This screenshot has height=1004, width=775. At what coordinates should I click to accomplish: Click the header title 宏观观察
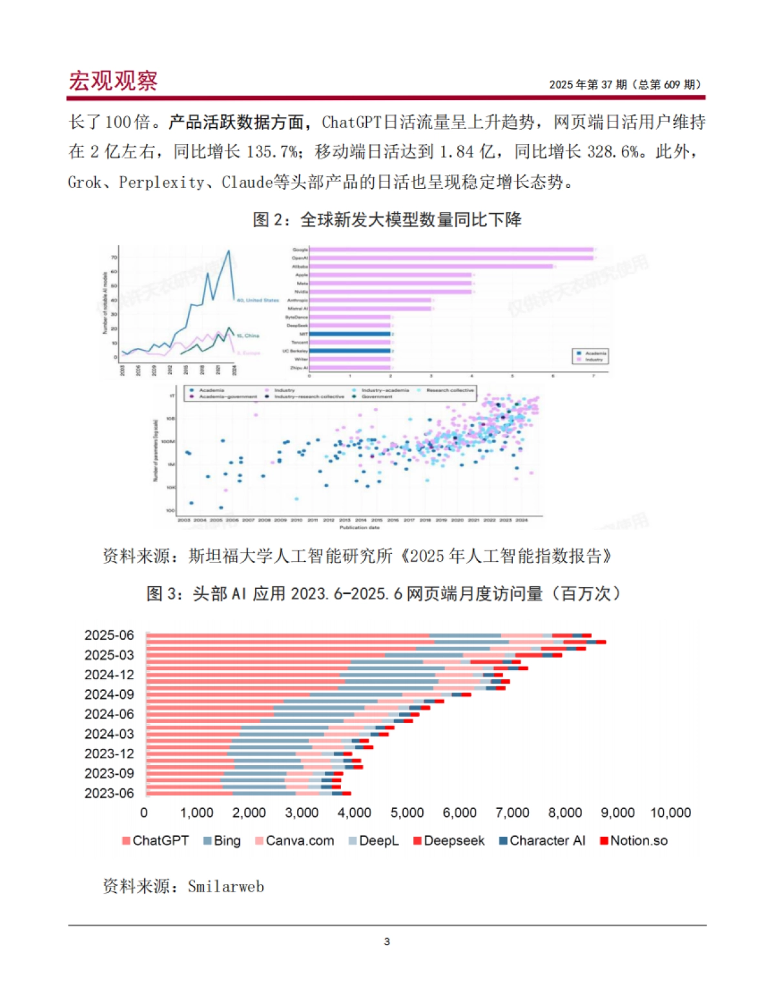point(113,81)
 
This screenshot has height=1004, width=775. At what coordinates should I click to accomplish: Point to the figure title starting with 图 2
point(387,220)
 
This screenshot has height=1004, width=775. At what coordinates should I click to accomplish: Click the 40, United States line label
point(258,300)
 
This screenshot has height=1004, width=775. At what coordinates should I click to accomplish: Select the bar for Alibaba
point(431,266)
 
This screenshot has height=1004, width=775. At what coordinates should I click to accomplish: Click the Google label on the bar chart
point(300,249)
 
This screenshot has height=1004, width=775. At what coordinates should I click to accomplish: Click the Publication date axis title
point(360,528)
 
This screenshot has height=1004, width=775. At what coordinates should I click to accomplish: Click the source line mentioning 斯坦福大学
point(356,556)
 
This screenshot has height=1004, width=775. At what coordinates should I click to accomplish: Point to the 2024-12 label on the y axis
point(109,675)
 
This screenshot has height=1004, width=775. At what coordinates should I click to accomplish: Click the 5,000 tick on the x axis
point(407,813)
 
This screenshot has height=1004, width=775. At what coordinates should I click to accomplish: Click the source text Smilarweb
point(225,886)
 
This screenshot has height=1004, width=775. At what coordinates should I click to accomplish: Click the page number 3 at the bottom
point(387,941)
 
